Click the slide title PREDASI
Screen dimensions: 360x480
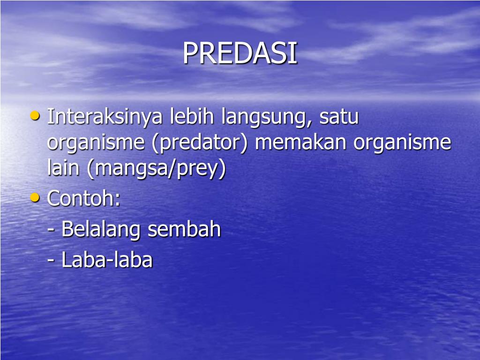click(x=240, y=53)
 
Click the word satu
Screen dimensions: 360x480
click(x=339, y=117)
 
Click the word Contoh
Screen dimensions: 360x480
click(x=81, y=199)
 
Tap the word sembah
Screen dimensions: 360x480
click(x=184, y=230)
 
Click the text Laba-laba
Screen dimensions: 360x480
click(x=107, y=260)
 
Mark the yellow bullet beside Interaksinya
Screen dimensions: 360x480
click(x=35, y=115)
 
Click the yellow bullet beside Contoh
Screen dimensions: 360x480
click(x=35, y=197)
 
